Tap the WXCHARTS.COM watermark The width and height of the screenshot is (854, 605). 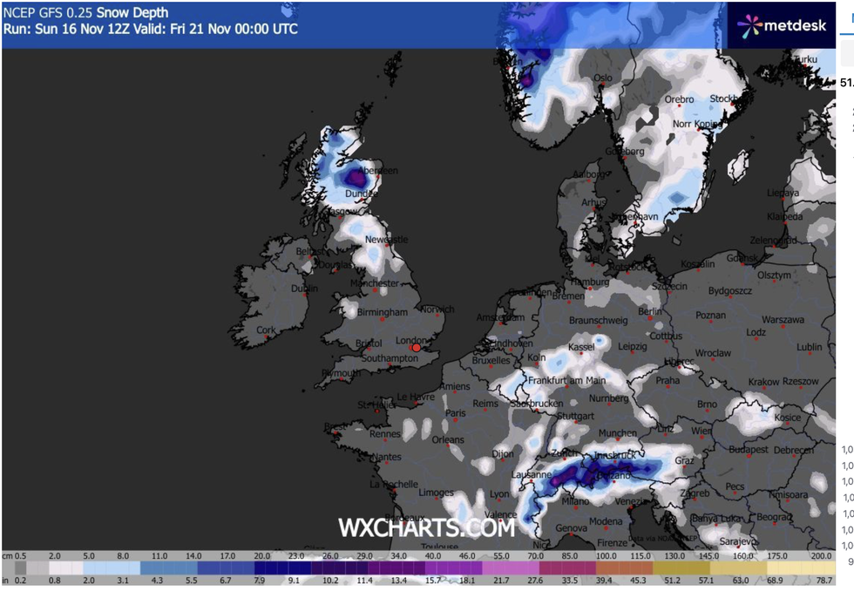[x=426, y=527]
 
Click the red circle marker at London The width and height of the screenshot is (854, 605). [x=417, y=348]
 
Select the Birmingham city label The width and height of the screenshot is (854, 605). [x=382, y=312]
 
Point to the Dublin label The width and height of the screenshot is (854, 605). [x=305, y=289]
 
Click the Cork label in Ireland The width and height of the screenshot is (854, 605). [x=266, y=330]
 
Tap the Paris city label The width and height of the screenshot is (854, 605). [x=456, y=413]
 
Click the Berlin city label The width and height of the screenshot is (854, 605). [x=649, y=311]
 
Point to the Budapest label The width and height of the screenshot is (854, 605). [x=748, y=449]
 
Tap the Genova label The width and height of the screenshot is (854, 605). [x=572, y=528]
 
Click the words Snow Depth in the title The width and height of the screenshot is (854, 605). [x=132, y=13]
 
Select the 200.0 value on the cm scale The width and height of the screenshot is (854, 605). [x=820, y=555]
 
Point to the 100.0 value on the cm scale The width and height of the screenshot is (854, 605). [x=607, y=555]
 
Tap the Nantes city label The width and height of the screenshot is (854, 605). [x=385, y=457]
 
